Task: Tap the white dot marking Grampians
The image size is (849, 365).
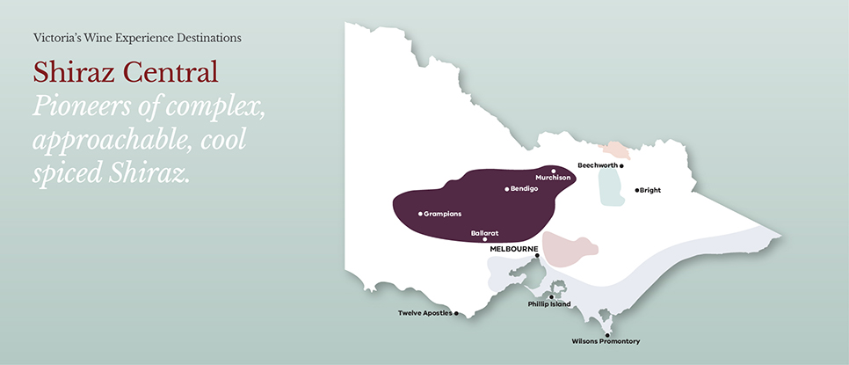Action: tap(418, 213)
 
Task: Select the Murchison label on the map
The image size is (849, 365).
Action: tap(553, 178)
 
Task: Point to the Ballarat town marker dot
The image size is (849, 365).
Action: tap(485, 239)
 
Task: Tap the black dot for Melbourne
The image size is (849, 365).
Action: tap(537, 256)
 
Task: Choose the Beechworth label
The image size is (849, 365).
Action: tap(598, 164)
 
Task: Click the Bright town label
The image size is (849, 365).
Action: tap(650, 190)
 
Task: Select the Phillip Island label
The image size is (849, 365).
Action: tap(548, 304)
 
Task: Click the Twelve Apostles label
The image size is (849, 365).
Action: tap(425, 313)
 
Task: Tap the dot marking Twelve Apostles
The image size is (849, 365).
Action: tap(456, 313)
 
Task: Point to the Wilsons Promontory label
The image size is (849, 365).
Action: tap(606, 341)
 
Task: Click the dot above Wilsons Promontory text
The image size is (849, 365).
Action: tap(606, 334)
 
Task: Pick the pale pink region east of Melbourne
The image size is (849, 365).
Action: tap(569, 249)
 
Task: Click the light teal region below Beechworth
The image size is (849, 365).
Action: tap(608, 187)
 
